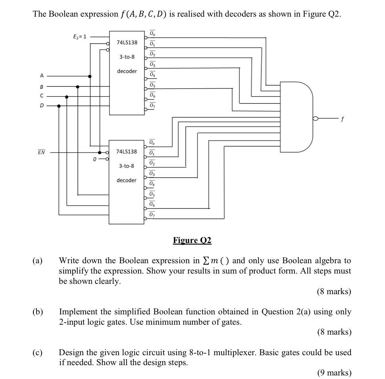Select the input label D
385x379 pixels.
[41, 106]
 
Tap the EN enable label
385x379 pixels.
[41, 152]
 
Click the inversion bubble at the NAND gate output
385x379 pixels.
[316, 118]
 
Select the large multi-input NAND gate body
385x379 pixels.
[296, 117]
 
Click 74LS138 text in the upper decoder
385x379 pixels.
[127, 42]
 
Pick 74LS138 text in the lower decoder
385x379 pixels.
[127, 151]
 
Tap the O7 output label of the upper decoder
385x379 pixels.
[153, 105]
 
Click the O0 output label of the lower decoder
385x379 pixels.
[153, 142]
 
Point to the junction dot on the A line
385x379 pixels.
[90, 76]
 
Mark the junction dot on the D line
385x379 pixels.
[59, 106]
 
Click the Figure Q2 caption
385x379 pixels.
[192, 240]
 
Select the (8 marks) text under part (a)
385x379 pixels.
[334, 292]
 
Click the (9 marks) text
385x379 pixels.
[334, 373]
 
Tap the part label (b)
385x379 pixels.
[38, 312]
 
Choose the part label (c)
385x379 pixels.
[38, 352]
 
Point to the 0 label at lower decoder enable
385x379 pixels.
[94, 159]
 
